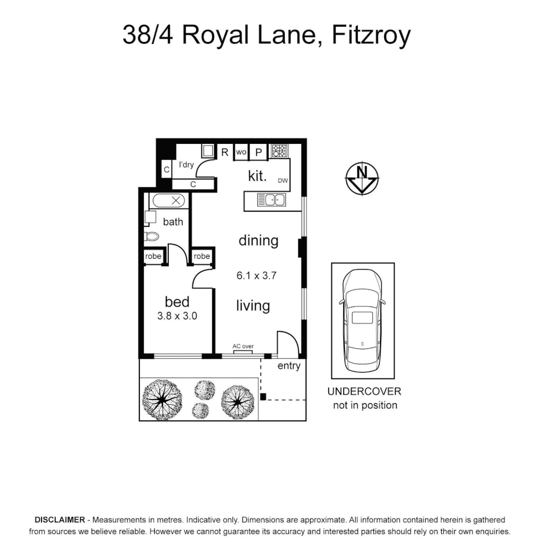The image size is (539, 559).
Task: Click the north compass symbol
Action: click(x=362, y=179)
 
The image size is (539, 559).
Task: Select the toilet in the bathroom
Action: click(x=151, y=237)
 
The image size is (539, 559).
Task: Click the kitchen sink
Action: click(x=271, y=199)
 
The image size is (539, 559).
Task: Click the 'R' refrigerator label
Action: click(x=225, y=152)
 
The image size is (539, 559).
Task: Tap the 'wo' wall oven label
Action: click(x=241, y=152)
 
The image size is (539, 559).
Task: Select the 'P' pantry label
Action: click(x=258, y=152)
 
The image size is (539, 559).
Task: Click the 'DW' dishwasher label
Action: click(x=283, y=181)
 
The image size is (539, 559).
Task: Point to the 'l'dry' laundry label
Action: click(x=186, y=165)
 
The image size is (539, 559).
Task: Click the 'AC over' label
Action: click(x=243, y=346)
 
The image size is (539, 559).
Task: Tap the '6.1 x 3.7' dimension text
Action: click(x=257, y=276)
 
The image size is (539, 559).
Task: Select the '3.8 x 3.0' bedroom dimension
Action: click(x=177, y=316)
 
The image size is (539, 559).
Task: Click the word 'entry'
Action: click(x=289, y=366)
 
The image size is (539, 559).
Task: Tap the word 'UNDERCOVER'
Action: click(x=364, y=392)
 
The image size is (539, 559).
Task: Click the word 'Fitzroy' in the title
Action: click(x=371, y=36)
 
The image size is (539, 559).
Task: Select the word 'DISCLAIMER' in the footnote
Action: click(x=59, y=520)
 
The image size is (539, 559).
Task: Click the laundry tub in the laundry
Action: click(x=208, y=151)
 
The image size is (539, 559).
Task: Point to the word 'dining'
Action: click(x=258, y=240)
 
